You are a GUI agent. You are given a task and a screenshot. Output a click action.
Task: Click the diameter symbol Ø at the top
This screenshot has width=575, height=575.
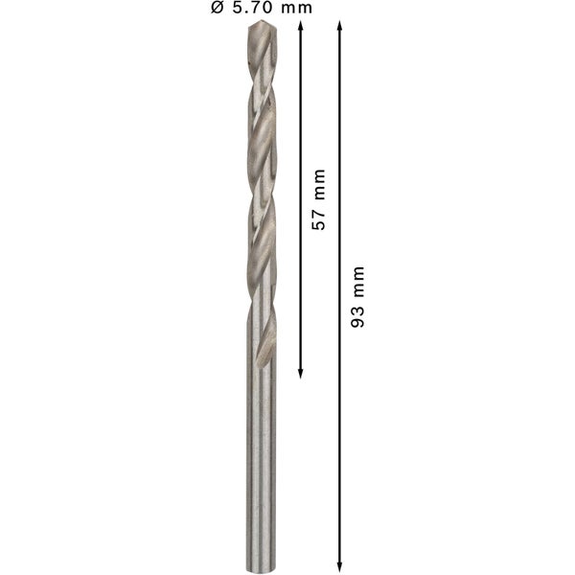pyautogui.click(x=218, y=8)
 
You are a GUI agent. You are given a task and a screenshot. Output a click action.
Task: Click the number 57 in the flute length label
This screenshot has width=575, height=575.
pyautogui.click(x=318, y=219)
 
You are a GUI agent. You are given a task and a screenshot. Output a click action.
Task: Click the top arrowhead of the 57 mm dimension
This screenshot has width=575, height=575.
pyautogui.click(x=300, y=25)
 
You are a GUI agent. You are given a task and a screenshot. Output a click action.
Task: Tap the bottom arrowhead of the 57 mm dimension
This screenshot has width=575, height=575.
pyautogui.click(x=300, y=374)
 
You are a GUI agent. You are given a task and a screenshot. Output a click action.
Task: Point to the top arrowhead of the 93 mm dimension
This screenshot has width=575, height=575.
pyautogui.click(x=339, y=25)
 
